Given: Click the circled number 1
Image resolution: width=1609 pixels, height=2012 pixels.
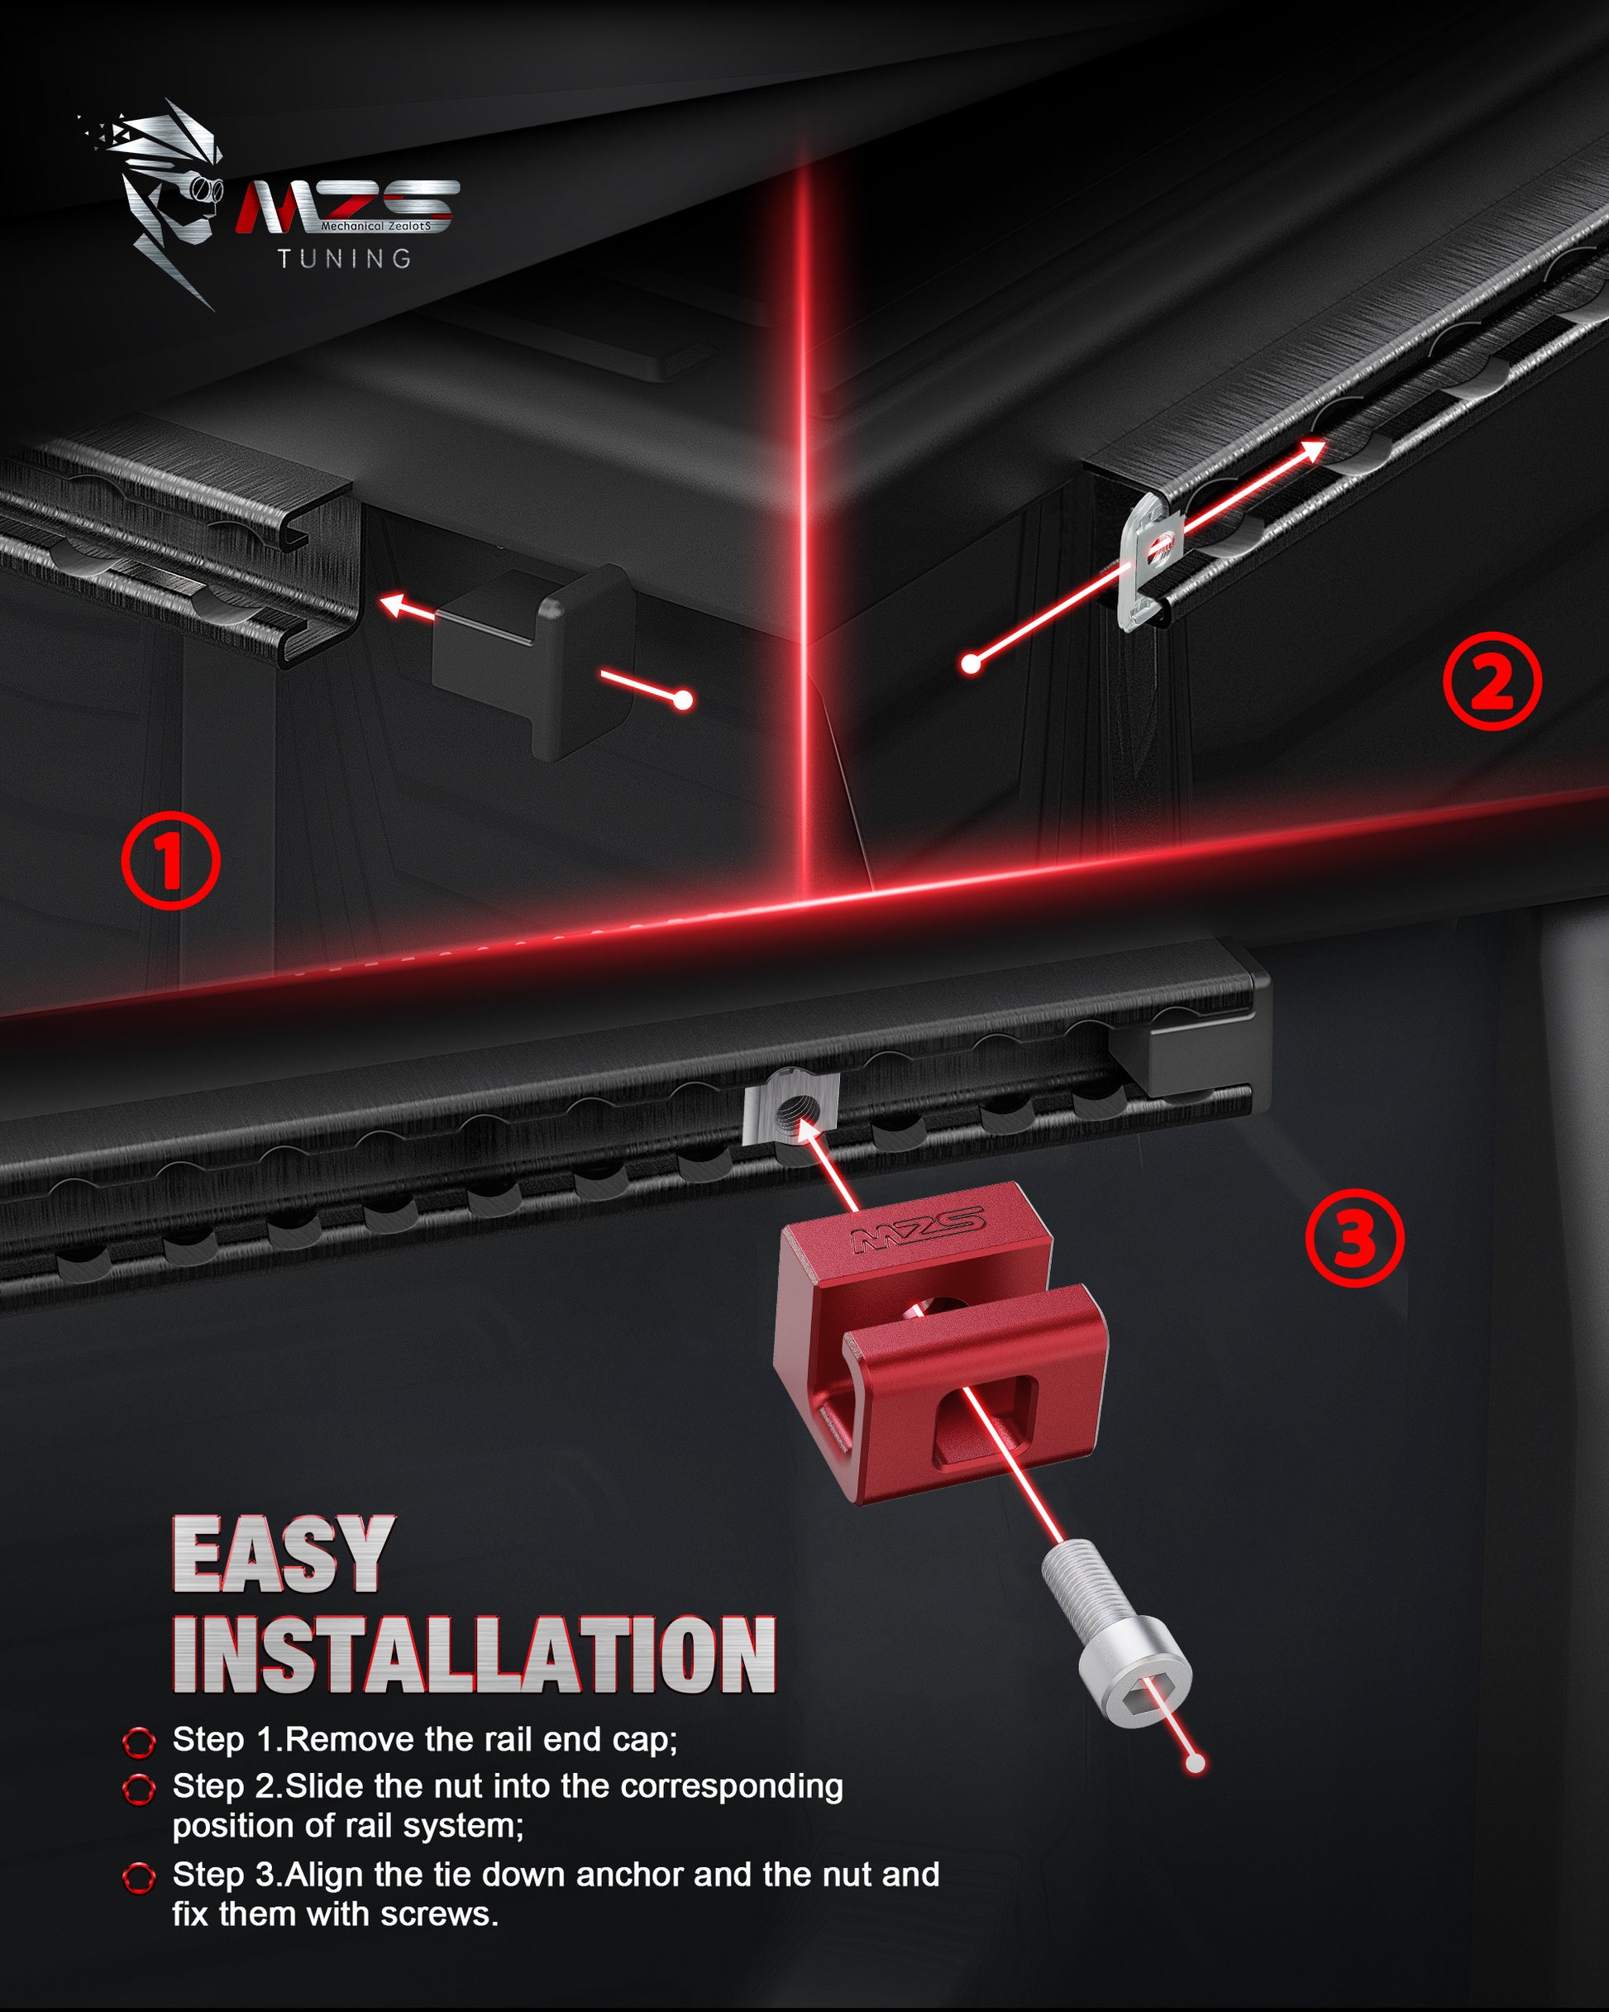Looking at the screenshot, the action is pos(171,859).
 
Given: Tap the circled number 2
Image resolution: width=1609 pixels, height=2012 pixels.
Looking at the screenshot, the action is pos(1492,681).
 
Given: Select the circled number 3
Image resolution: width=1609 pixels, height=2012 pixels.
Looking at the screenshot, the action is pos(1354,1237).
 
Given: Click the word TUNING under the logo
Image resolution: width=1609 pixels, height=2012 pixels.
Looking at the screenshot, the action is pos(345,259).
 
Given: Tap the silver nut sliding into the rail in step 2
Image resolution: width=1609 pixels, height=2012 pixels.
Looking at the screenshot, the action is pos(1151,562).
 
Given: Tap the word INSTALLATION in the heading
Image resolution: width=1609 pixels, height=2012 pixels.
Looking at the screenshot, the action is pos(474,1656).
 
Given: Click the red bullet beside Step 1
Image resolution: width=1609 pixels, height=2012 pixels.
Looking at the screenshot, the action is pos(139,1742).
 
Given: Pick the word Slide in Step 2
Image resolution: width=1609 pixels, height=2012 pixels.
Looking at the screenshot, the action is pos(326,1786).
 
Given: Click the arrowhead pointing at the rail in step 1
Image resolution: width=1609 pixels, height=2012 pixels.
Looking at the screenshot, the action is pos(393,605).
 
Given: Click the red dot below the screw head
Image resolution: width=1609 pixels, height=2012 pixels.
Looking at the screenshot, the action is pos(1195,1763).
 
